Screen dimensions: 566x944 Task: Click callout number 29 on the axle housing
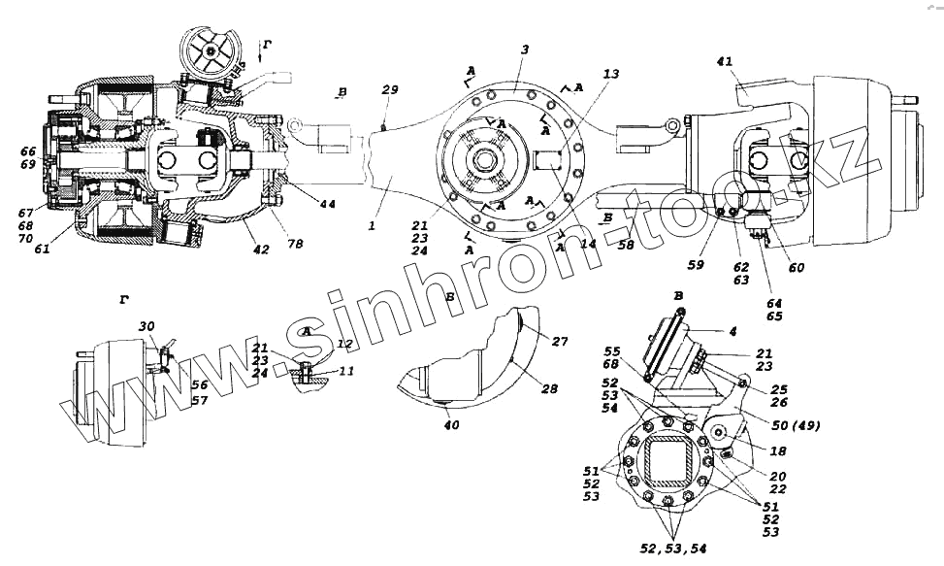click(x=389, y=89)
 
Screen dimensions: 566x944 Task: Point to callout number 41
click(x=726, y=61)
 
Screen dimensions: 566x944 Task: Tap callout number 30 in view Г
click(x=146, y=326)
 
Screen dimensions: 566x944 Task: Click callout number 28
click(x=549, y=389)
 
